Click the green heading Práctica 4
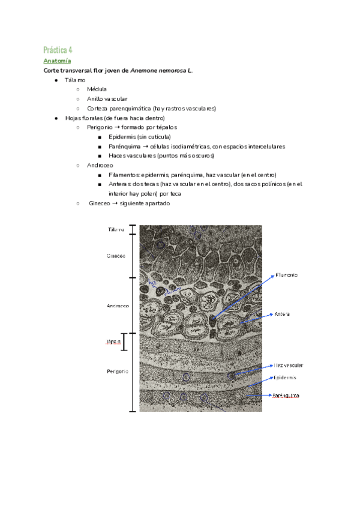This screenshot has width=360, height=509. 58,49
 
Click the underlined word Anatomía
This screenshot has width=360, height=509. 57,61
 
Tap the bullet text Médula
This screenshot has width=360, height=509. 97,89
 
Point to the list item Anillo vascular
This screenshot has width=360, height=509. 107,99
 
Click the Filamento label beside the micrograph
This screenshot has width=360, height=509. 287,275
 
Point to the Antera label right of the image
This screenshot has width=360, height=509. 283,314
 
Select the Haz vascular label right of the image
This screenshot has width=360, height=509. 289,365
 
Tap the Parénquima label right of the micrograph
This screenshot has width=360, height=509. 286,396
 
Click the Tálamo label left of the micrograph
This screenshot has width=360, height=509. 116,230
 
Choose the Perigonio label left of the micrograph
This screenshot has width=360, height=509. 117,372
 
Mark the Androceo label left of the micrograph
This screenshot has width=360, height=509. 118,306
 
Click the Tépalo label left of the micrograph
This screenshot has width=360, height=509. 114,342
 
